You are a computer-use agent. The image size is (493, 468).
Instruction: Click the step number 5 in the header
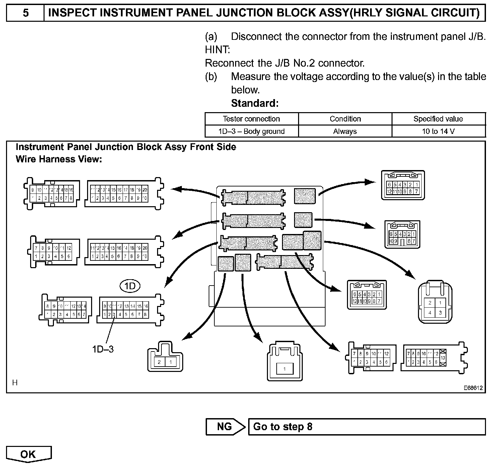point(25,13)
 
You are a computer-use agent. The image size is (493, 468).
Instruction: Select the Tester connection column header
point(251,119)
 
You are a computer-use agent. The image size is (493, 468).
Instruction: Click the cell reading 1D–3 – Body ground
point(251,131)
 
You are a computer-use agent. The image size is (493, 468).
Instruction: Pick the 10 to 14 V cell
point(438,131)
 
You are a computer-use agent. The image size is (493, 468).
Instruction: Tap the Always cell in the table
point(345,131)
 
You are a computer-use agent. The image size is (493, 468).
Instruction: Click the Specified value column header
point(438,119)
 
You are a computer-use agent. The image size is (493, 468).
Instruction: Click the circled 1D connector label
point(130,286)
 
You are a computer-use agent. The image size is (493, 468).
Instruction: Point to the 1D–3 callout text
point(103,349)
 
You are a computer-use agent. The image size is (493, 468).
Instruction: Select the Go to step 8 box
point(366,427)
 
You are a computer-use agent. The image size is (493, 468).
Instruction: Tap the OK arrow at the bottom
point(28,454)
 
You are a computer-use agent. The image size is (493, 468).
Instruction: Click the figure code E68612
point(473,388)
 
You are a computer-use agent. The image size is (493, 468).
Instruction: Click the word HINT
point(217,50)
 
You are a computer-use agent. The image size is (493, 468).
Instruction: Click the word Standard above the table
point(255,103)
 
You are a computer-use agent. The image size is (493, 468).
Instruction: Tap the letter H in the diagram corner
point(15,383)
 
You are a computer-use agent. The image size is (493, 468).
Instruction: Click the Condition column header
point(345,119)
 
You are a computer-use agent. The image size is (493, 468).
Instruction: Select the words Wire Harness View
point(59,159)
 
